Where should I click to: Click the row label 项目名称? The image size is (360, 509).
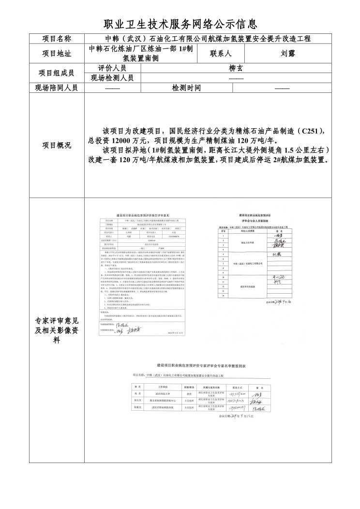[57, 39]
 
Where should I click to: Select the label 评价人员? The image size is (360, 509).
[112, 68]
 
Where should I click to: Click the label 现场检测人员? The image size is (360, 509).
[112, 78]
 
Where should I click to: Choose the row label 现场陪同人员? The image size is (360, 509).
[57, 88]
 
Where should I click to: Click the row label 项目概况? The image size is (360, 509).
[57, 145]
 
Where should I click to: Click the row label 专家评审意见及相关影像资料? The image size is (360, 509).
[57, 330]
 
